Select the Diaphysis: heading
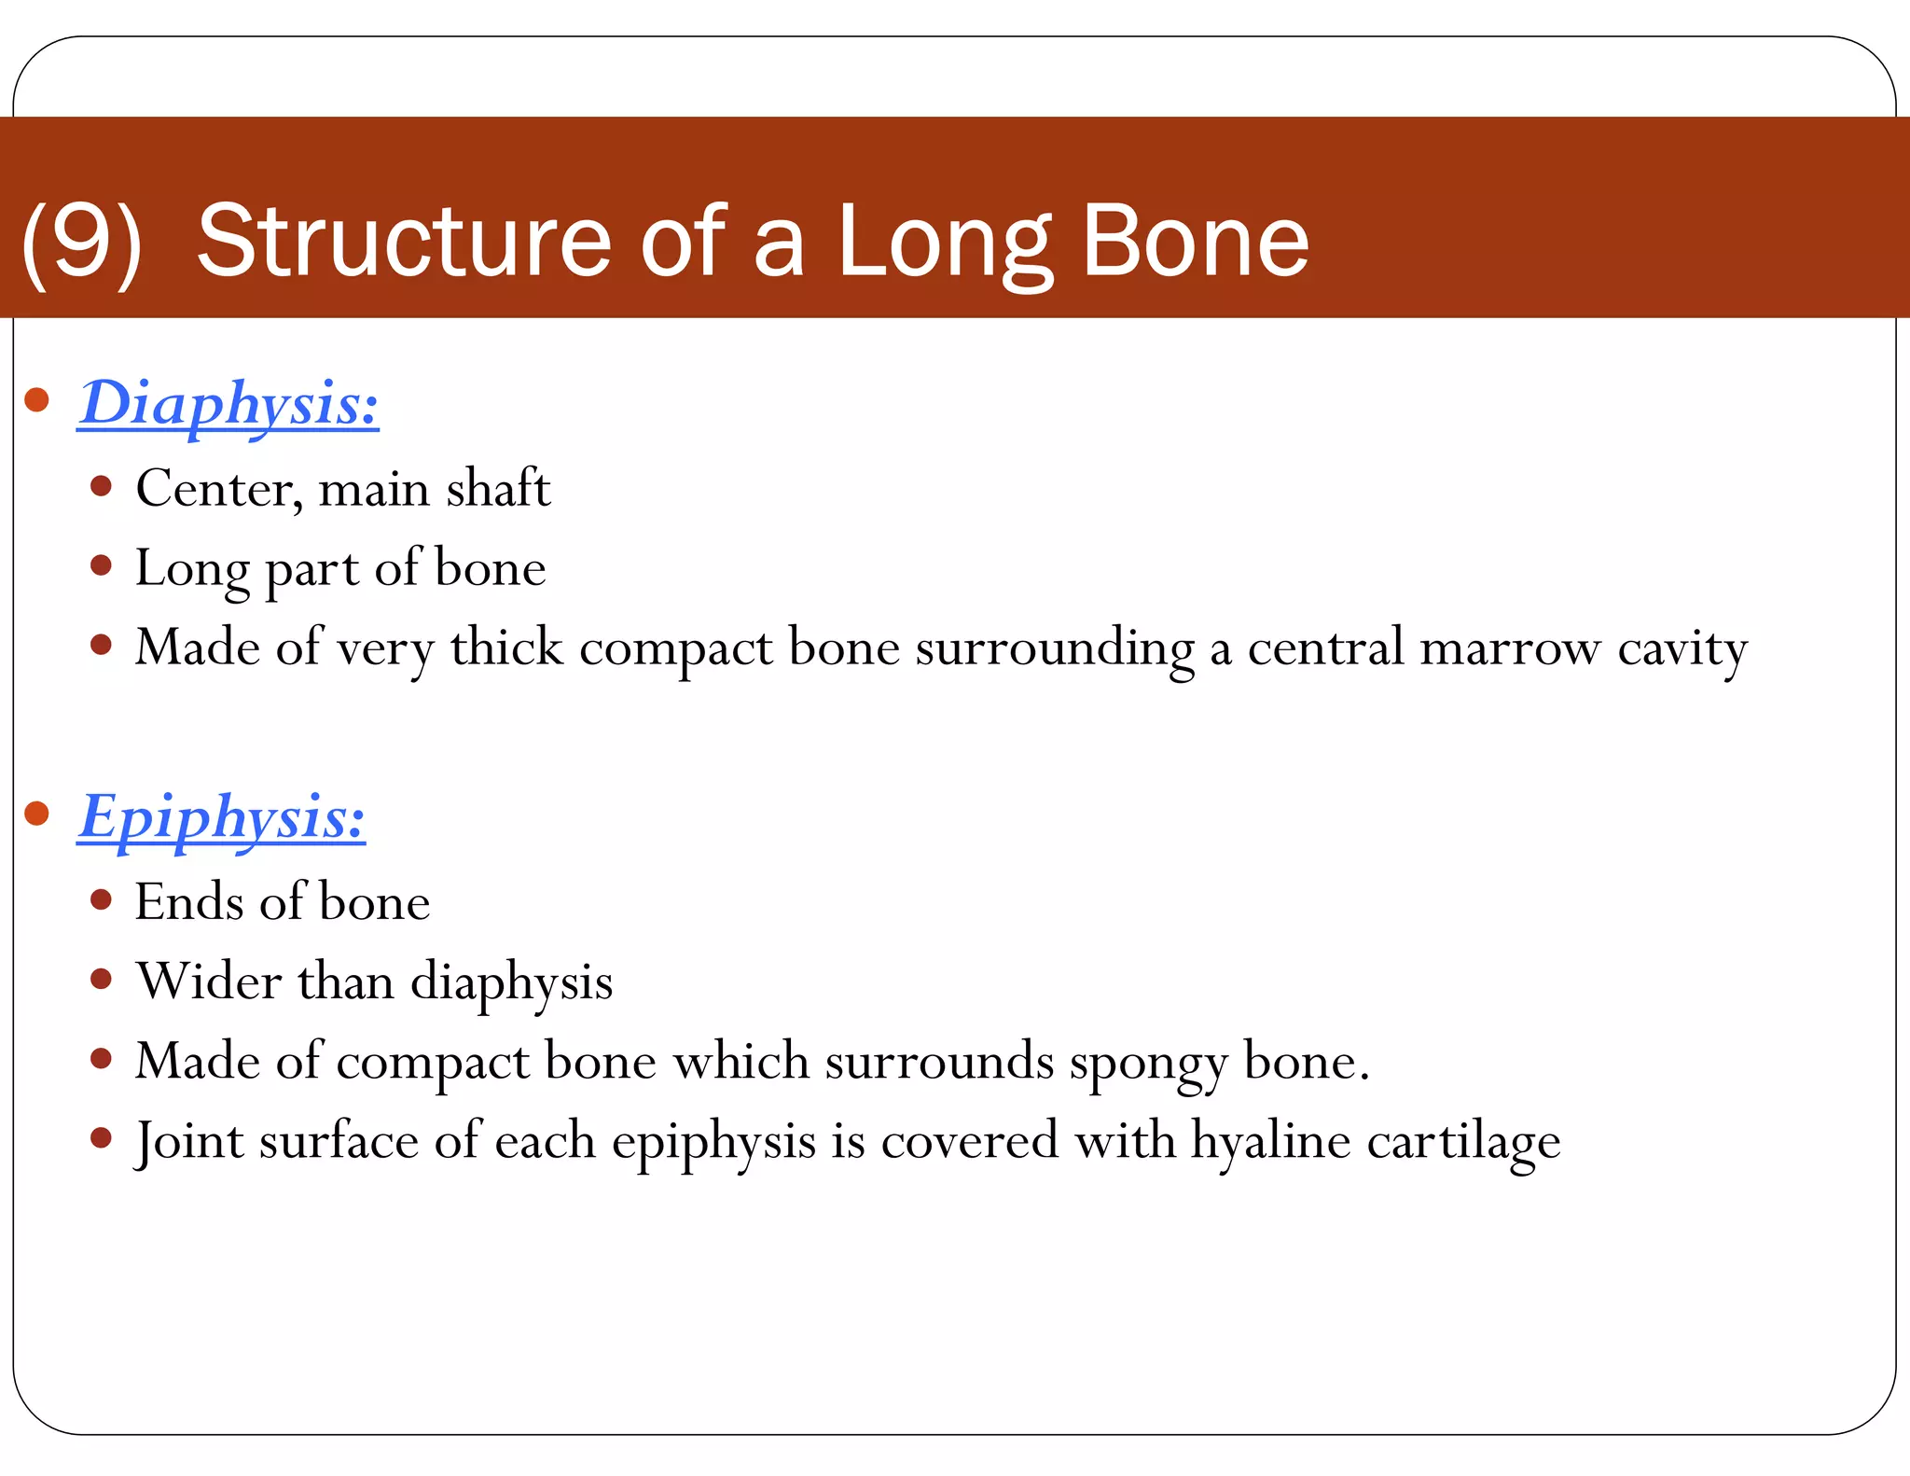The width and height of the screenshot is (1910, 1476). tap(228, 406)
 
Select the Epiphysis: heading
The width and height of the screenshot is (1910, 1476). tap(222, 819)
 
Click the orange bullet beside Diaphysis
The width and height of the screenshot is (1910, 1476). tap(36, 400)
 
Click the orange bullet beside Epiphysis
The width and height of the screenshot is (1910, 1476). tap(36, 813)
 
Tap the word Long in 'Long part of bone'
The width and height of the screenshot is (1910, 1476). tap(191, 569)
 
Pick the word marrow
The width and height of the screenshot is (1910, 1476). tap(1509, 648)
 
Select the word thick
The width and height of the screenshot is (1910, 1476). tap(506, 647)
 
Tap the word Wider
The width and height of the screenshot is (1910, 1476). tap(209, 982)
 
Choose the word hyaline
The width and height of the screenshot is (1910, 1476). tap(1270, 1142)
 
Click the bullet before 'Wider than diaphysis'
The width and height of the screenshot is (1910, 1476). tap(102, 980)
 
